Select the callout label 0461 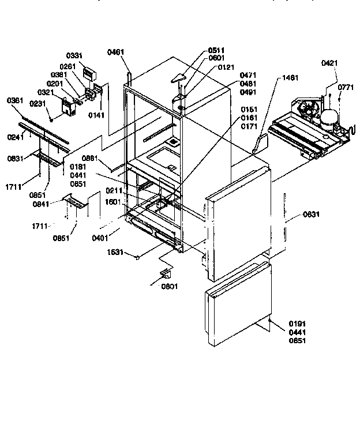coord(115,52)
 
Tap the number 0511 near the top coord(217,50)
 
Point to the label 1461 coord(290,77)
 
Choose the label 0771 coord(346,87)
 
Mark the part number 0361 coord(15,101)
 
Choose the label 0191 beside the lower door coord(298,325)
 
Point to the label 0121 coord(226,67)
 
